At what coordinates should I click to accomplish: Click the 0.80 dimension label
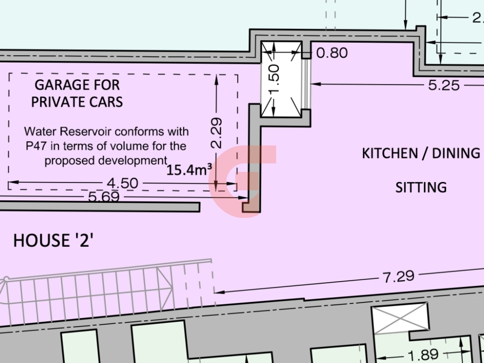332,53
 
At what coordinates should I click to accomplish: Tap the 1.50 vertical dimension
274,79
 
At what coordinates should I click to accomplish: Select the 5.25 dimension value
444,85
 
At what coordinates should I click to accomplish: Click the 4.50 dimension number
122,183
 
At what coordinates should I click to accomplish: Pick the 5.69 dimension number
104,197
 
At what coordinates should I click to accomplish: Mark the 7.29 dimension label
398,277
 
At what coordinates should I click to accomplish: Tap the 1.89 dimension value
423,355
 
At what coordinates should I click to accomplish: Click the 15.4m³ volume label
189,169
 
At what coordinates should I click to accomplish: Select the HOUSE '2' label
53,241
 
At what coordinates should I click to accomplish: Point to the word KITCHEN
386,153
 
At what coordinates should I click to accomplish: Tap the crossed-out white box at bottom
400,319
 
